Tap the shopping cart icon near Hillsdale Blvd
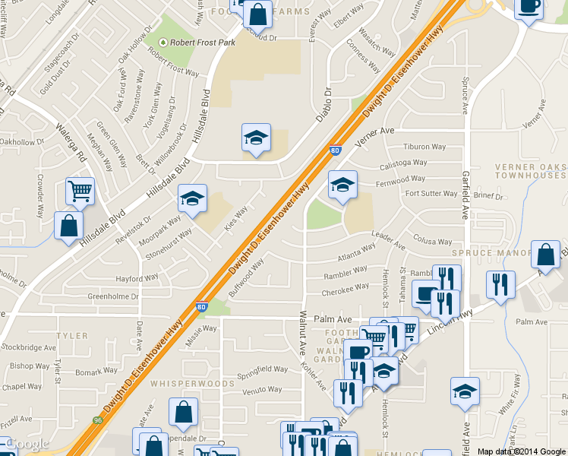coord(80,191)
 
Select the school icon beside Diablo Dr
coord(256,138)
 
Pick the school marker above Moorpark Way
coord(192,198)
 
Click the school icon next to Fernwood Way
coord(342,184)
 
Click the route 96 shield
coord(98,420)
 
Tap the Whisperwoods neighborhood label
coord(192,384)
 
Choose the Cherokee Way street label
coord(346,290)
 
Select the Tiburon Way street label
coord(425,147)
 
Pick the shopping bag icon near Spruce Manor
coord(546,255)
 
